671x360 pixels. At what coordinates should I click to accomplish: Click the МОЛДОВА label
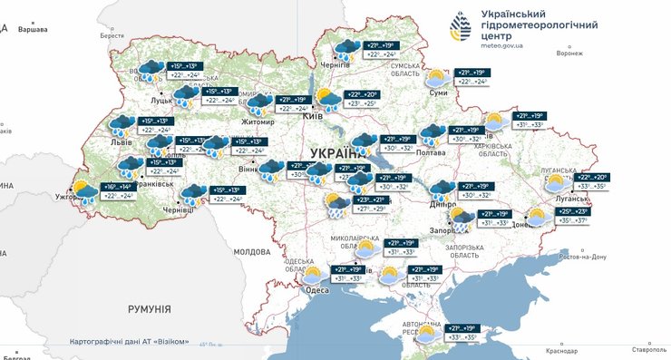point(252,251)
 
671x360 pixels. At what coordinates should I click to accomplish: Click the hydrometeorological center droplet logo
point(459,26)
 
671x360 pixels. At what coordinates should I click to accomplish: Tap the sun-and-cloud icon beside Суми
point(437,78)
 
